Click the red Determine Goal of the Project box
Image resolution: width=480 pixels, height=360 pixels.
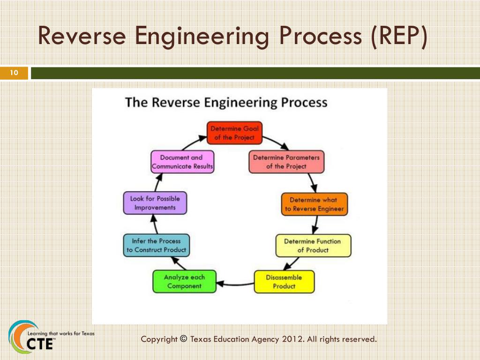click(x=234, y=133)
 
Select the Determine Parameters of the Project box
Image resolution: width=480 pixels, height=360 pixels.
click(x=286, y=162)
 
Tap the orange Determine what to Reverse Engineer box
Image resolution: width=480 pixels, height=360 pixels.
click(x=314, y=204)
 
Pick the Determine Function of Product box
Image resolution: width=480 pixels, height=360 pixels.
click(x=313, y=245)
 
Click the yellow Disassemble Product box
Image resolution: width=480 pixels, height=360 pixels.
click(x=284, y=281)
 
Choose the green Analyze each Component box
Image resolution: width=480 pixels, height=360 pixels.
click(x=184, y=281)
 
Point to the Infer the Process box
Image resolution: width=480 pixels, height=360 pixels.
click(x=156, y=245)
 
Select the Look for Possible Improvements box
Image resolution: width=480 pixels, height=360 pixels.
click(x=155, y=202)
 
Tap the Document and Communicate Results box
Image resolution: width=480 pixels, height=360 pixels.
click(x=182, y=162)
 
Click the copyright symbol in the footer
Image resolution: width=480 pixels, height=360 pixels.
click(x=183, y=338)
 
